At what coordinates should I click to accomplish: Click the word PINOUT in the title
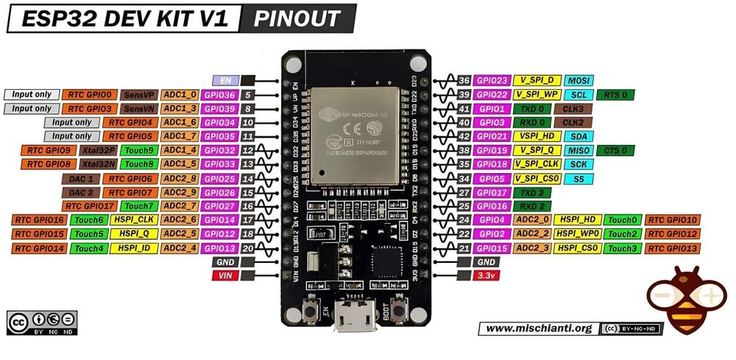tap(297, 19)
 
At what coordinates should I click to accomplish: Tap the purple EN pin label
tap(224, 80)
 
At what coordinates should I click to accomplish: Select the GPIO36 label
tap(219, 95)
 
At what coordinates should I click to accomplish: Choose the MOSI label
tap(579, 80)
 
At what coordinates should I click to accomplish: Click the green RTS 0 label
tap(615, 94)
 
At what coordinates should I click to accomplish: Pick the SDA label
tap(579, 136)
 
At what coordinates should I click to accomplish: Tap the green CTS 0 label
tap(615, 150)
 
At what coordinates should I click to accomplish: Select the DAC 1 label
tap(80, 179)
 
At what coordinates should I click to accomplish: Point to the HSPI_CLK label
tap(133, 220)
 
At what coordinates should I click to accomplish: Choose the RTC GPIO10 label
tap(672, 220)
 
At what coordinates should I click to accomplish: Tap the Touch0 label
tap(622, 220)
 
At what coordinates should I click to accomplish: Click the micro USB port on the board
tap(356, 317)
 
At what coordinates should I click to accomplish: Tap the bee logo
tap(686, 299)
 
